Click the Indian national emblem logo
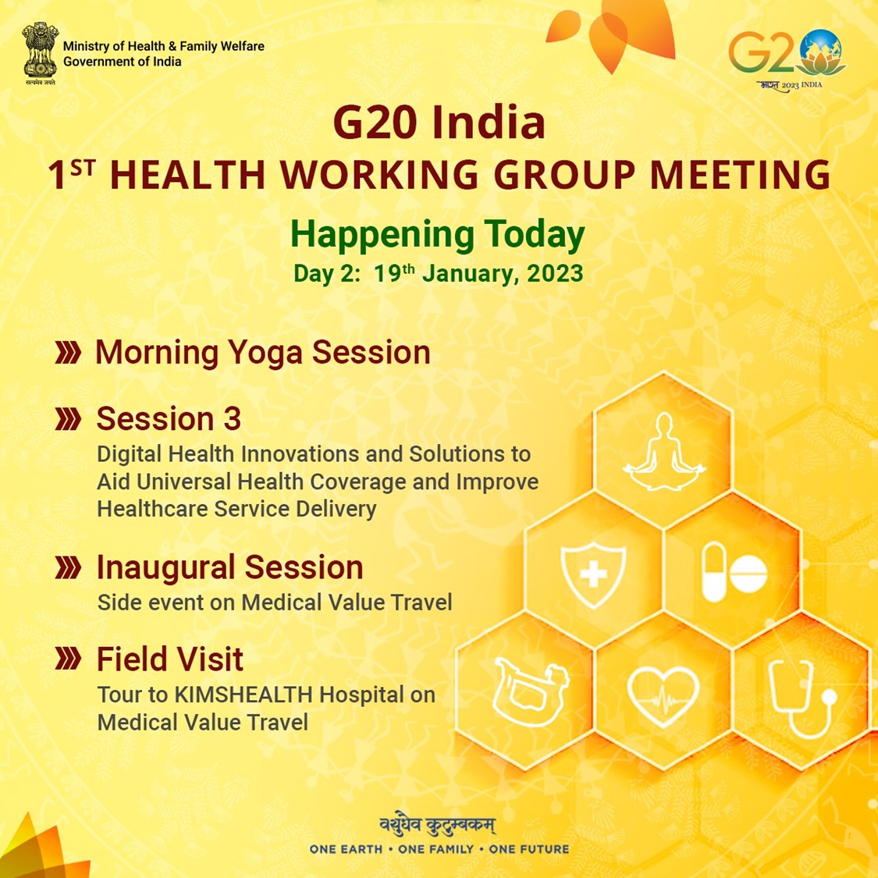[40, 53]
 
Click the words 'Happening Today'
[438, 235]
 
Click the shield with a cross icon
[593, 576]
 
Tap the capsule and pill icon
[734, 574]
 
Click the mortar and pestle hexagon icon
[526, 691]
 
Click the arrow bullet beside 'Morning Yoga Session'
[69, 354]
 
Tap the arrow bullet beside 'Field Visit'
[69, 660]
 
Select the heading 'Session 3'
[169, 419]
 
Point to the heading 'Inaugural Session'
[229, 567]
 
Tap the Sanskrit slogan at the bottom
[438, 824]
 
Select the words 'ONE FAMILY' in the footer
[436, 849]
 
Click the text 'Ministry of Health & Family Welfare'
[164, 46]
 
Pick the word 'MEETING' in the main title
[741, 175]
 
